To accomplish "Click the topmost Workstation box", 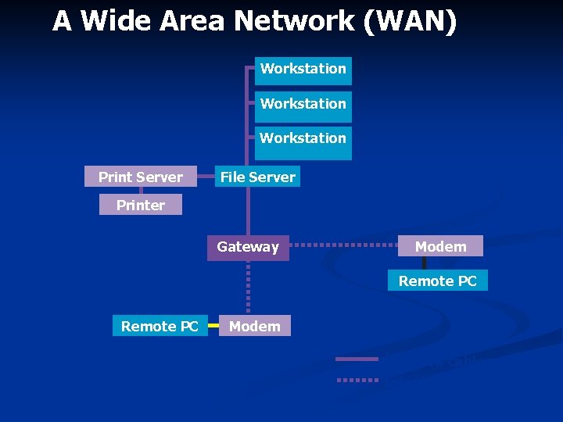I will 303,70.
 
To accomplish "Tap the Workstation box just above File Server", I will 303,139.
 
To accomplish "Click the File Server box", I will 257,177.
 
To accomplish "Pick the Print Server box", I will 141,177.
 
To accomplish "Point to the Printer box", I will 141,206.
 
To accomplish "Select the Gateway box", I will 248,247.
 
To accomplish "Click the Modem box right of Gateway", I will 440,246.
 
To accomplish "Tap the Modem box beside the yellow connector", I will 255,326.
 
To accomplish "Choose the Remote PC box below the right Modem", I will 437,281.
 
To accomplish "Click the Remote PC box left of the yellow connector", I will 160,326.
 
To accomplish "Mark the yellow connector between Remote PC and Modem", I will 213,325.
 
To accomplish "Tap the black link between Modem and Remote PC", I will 424,263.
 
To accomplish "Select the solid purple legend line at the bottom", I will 357,359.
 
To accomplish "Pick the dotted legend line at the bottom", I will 357,380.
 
